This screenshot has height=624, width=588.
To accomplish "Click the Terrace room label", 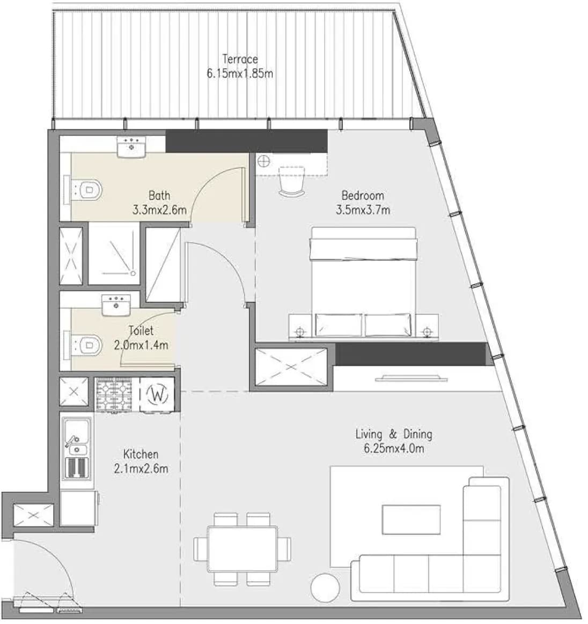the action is pos(240,59).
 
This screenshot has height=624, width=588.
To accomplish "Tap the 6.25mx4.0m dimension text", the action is pos(394,449).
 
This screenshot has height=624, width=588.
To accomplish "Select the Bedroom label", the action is pos(363,195).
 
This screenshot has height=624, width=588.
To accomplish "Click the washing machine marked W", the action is pos(158,395).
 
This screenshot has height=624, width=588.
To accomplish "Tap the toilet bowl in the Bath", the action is pos(87,190).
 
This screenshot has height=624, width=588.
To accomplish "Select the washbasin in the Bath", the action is pos(131,146).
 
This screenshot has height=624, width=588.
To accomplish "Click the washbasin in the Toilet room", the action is pos(116,304).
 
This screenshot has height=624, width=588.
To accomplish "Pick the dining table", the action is pos(242,549).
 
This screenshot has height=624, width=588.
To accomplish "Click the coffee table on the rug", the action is pos(411,519).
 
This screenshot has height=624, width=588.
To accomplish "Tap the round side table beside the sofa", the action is pos(326,588).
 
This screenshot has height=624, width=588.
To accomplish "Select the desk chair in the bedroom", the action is pos(292,181).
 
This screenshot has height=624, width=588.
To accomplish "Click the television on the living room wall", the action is pos(411,377).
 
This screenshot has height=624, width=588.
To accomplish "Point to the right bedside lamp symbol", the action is pos(427,331).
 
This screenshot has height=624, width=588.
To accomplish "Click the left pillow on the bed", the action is pos(339,325).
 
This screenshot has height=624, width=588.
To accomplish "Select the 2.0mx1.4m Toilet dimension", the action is pos(141,345).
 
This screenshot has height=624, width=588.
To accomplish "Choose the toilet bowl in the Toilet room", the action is pos(87,345).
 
